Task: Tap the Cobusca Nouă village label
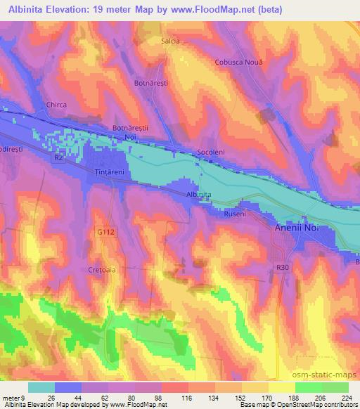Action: (238, 62)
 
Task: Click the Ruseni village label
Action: (234, 214)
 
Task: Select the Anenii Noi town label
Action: (296, 228)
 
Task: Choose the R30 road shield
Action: (283, 266)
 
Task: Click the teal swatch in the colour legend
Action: (41, 387)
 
